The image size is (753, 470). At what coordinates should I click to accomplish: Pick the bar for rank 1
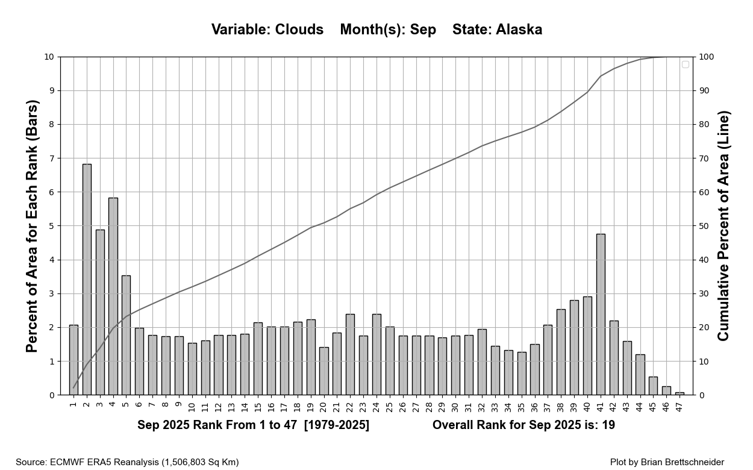pyautogui.click(x=73, y=360)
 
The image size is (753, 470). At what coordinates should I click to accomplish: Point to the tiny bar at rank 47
pyautogui.click(x=680, y=393)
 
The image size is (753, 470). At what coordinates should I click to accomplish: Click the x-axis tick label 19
pyautogui.click(x=311, y=408)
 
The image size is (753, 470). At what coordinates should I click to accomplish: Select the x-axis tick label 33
pyautogui.click(x=495, y=408)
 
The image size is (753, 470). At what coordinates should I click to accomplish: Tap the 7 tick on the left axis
pyautogui.click(x=51, y=158)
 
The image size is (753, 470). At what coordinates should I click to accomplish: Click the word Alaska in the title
pyautogui.click(x=519, y=30)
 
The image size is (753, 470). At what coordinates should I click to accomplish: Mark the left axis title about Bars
pyautogui.click(x=33, y=226)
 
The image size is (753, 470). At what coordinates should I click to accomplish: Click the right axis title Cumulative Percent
pyautogui.click(x=723, y=226)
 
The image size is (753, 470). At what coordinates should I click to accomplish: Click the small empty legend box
pyautogui.click(x=685, y=64)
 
